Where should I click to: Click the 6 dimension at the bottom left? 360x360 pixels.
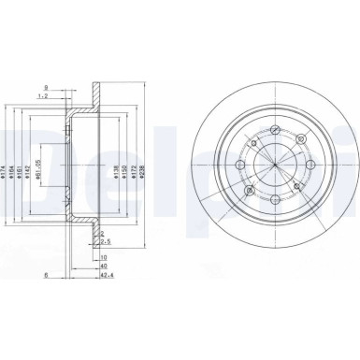click(46, 276)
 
